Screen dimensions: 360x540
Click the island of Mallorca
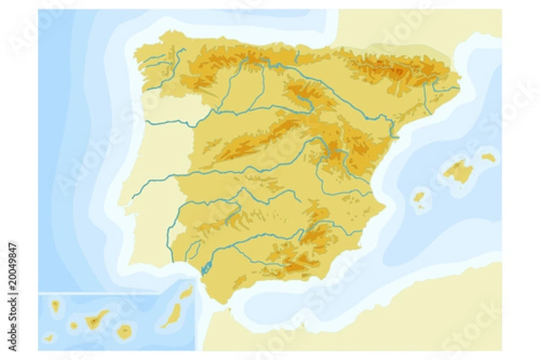[460, 171]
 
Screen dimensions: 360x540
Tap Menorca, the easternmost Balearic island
[488, 157]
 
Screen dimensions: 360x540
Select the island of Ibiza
[418, 196]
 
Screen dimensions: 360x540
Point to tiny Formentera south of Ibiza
[422, 207]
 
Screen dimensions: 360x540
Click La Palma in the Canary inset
[55, 307]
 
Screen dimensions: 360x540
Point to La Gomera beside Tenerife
[74, 326]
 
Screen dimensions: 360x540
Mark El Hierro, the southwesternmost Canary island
[49, 337]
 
